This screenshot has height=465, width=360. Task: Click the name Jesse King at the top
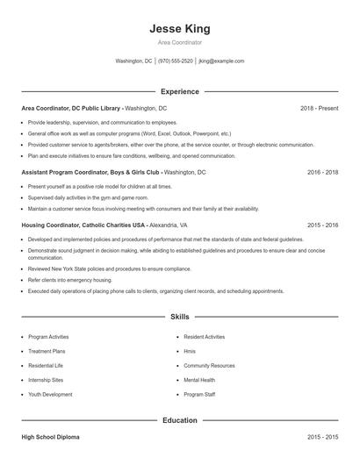coord(180,29)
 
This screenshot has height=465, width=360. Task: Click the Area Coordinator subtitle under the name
coord(180,42)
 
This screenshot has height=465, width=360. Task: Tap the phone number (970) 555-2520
coord(176,61)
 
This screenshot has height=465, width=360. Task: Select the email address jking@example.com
coord(221,61)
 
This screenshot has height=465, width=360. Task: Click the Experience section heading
coord(180,91)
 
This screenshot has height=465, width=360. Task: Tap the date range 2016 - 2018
coord(322,173)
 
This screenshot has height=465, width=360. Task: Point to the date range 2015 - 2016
coord(322,225)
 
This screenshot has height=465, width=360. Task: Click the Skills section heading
coord(180,316)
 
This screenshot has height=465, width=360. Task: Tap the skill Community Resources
coord(209,365)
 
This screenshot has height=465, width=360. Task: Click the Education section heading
coord(180,420)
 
